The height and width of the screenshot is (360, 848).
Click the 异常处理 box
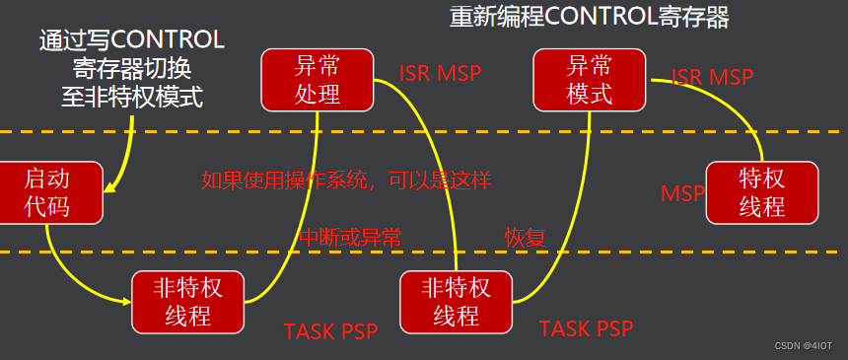[x=318, y=81]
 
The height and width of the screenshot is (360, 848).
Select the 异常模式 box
[x=590, y=81]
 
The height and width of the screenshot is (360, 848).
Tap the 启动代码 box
[x=49, y=192]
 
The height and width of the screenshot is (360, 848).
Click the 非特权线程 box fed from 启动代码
[x=187, y=302]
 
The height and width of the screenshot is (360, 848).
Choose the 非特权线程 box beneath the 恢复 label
[x=456, y=302]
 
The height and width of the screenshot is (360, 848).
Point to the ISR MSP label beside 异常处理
[x=441, y=74]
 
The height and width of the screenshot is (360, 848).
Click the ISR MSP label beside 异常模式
[x=712, y=77]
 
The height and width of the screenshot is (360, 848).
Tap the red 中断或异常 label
[x=350, y=237]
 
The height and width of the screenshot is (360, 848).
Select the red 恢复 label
[x=526, y=237]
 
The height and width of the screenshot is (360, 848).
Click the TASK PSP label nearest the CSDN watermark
[x=586, y=328]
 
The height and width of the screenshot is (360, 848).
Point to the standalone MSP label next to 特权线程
[x=682, y=193]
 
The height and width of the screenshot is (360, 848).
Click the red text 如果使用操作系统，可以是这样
[x=346, y=180]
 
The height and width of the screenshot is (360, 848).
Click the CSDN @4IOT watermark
[x=804, y=346]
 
